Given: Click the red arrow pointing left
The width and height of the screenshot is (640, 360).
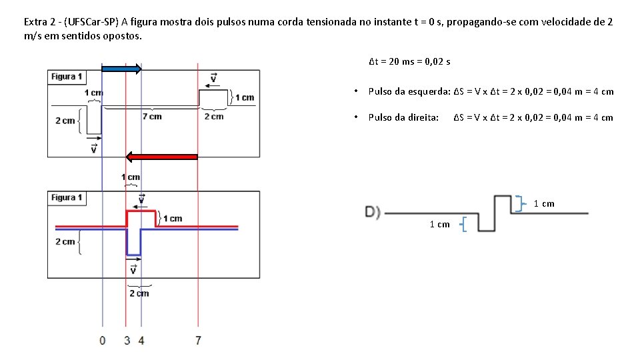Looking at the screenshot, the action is click(162, 157).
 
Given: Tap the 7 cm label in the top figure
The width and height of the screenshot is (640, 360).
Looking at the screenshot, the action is click(152, 117).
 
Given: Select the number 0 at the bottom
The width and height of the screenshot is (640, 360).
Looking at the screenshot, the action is click(102, 341).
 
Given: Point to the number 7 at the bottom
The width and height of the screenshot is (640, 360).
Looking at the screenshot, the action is click(198, 341).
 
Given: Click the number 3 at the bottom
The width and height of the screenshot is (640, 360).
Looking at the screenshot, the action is click(127, 341).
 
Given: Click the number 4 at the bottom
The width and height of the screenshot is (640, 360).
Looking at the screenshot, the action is click(141, 341).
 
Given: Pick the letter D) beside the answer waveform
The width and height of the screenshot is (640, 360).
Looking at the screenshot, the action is click(373, 212).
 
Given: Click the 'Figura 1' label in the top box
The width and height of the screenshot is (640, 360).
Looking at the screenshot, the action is click(67, 77).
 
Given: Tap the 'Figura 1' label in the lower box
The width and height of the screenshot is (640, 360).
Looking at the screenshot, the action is click(67, 197).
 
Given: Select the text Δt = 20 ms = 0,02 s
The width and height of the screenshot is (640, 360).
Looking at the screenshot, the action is click(409, 62).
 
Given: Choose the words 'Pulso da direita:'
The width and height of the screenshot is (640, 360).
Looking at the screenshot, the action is click(403, 117).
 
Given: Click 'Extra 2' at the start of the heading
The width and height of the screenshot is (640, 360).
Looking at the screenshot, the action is click(39, 22).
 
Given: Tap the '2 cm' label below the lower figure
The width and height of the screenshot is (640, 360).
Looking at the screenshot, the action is click(139, 293).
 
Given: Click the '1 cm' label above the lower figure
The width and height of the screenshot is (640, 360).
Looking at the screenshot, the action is click(131, 177).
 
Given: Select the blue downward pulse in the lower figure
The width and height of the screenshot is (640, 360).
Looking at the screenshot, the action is click(134, 244).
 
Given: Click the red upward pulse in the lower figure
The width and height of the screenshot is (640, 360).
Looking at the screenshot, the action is click(141, 211).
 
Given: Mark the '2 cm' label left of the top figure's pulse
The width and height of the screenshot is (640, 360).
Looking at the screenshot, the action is click(65, 121).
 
